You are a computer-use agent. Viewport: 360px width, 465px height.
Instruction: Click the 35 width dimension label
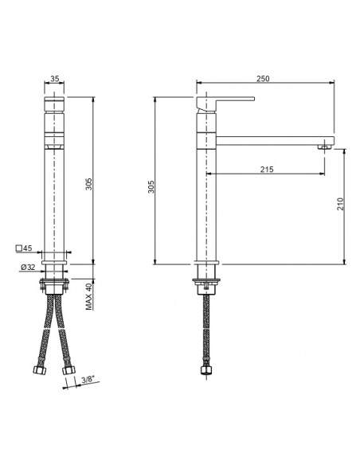(54, 78)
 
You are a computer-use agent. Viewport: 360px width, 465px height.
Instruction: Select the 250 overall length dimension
(264, 78)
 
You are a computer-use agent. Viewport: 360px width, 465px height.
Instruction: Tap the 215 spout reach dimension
(267, 168)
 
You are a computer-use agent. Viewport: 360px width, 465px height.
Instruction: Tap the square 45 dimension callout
(23, 248)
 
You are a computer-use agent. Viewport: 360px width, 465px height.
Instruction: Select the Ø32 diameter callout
(25, 267)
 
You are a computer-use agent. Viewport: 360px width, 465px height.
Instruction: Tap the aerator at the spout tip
(325, 146)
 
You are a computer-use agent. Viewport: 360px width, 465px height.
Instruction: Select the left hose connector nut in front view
(37, 369)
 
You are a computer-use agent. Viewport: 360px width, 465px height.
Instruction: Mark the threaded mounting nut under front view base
(53, 283)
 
